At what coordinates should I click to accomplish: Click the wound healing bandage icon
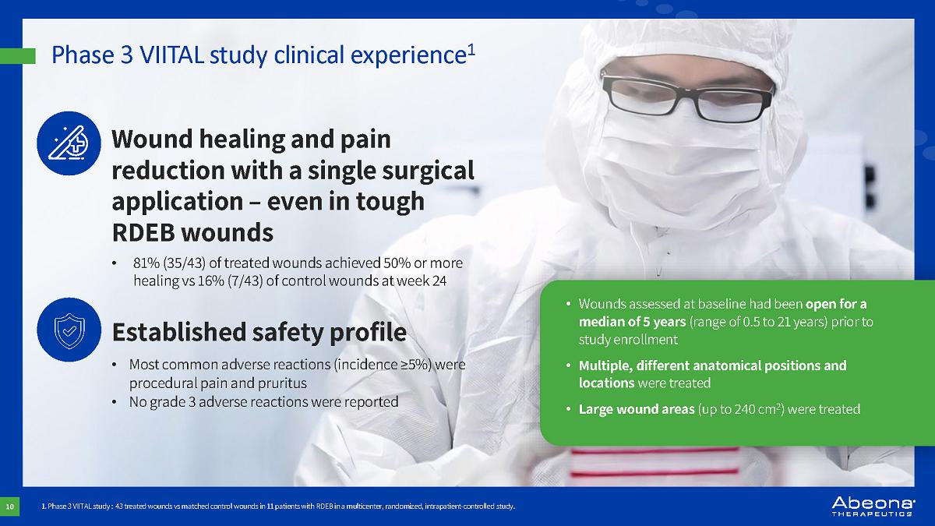pyautogui.click(x=69, y=143)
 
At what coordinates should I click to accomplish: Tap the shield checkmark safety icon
pyautogui.click(x=69, y=330)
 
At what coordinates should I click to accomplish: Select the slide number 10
pyautogui.click(x=9, y=507)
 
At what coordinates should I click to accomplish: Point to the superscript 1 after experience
pyautogui.click(x=471, y=50)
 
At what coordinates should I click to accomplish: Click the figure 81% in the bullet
pyautogui.click(x=146, y=263)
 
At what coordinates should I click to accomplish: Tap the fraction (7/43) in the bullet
pyautogui.click(x=245, y=281)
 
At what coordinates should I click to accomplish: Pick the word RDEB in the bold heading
pyautogui.click(x=143, y=232)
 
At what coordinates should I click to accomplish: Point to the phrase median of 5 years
pyautogui.click(x=632, y=322)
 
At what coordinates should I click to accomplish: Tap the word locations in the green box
pyautogui.click(x=606, y=383)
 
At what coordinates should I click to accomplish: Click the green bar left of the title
pyautogui.click(x=17, y=56)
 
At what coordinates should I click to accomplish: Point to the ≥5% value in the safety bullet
pyautogui.click(x=416, y=365)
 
